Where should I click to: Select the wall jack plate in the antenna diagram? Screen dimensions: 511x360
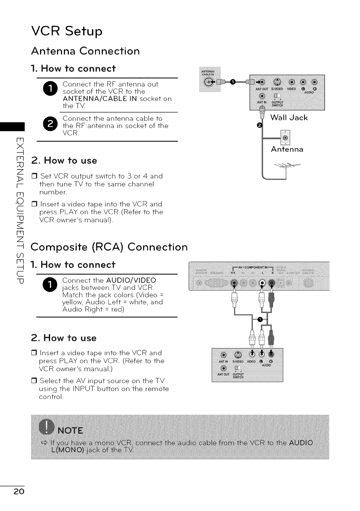pos(285,138)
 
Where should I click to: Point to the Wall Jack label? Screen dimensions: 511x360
pos(289,118)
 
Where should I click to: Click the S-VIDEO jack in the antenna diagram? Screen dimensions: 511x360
pos(278,82)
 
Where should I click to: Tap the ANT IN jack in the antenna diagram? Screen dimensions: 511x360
pos(262,96)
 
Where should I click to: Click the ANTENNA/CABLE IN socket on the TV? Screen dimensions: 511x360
pos(208,83)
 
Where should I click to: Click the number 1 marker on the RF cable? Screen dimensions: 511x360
pos(233,82)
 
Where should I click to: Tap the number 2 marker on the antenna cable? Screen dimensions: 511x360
pos(258,125)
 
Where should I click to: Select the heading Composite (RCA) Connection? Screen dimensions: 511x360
pos(109,247)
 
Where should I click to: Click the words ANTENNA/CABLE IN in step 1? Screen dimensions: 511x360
pos(100,99)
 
